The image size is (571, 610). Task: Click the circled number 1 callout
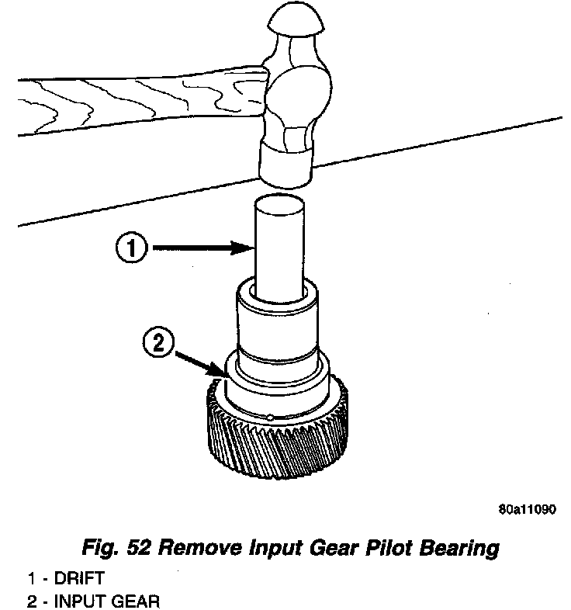(x=132, y=248)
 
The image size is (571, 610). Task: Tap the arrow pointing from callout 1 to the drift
(x=206, y=248)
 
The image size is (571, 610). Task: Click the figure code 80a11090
(x=527, y=511)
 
